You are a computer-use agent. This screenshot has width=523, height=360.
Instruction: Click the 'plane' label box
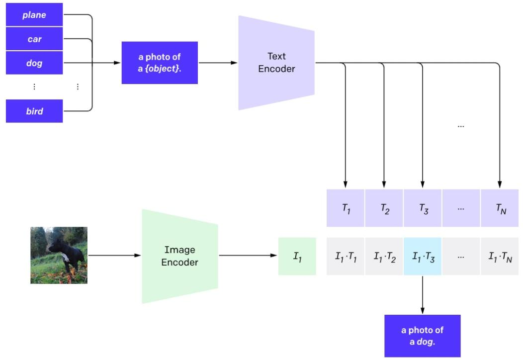pos(34,15)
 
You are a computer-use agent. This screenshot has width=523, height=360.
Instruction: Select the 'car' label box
pos(34,39)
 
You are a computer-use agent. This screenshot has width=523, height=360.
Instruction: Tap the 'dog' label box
pos(34,63)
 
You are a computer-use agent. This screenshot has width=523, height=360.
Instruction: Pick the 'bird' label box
pos(34,111)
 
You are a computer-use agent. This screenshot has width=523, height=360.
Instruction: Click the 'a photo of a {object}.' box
pos(160,63)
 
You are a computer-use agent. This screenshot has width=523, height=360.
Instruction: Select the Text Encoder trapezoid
pos(276,63)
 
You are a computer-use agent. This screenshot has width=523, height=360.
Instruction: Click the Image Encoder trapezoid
pos(180,256)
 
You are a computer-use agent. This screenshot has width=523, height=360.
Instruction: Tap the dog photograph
pos(59,255)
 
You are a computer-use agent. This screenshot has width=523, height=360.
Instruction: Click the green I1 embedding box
pos(297,257)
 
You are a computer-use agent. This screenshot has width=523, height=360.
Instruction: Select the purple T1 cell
pos(346,208)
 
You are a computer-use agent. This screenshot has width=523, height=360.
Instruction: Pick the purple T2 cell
pos(384,208)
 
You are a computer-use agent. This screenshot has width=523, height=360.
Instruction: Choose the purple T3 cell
pos(422,208)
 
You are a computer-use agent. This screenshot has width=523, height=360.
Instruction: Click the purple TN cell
pos(499,208)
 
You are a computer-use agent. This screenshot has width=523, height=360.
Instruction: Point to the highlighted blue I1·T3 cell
pos(422,257)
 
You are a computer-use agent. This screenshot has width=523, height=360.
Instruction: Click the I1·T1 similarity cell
pos(346,257)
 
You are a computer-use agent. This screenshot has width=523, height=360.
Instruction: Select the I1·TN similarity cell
pos(499,257)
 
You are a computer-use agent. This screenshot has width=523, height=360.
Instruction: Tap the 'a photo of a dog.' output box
pos(422,335)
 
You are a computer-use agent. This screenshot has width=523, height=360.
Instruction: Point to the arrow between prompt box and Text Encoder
pos(218,63)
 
